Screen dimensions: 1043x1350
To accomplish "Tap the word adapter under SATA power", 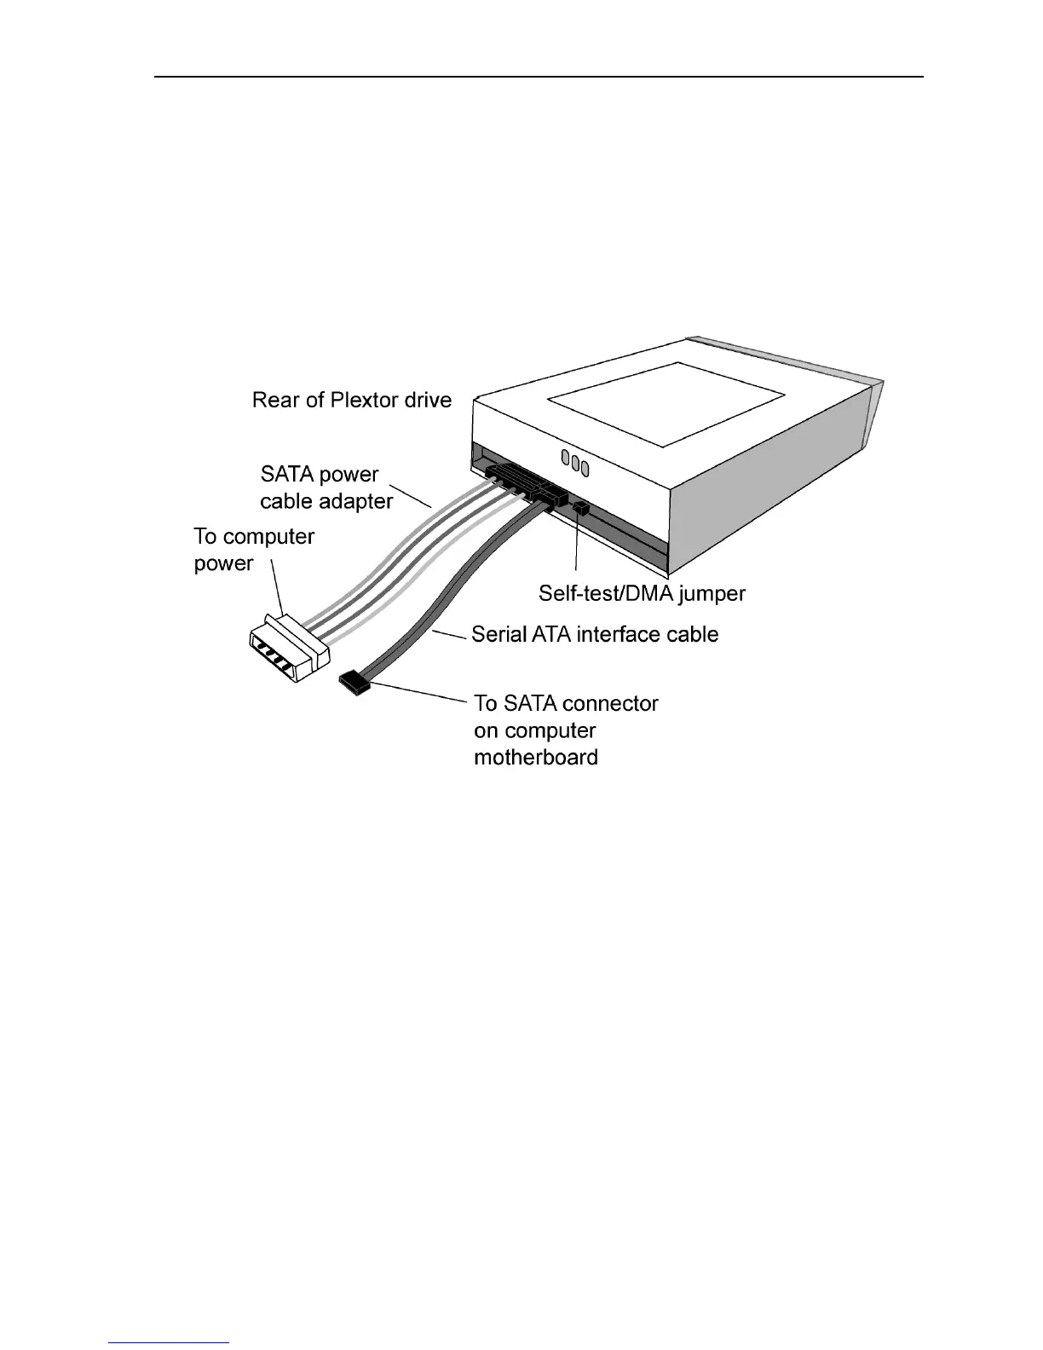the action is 351,501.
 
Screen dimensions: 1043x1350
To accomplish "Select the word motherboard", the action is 535,758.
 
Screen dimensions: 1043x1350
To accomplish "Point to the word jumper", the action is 707,594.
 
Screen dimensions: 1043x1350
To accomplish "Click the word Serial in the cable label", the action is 498,635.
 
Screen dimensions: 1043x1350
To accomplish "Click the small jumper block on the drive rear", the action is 582,509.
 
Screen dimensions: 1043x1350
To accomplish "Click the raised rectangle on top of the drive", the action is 666,403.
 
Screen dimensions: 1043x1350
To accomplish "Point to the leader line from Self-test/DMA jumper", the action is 578,545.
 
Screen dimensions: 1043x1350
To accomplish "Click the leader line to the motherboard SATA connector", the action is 418,693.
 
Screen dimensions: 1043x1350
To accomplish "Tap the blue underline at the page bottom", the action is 170,1342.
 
